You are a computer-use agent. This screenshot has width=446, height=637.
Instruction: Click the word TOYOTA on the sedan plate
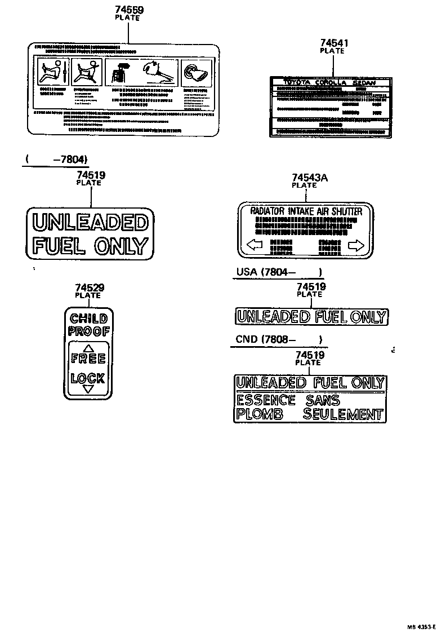click(296, 83)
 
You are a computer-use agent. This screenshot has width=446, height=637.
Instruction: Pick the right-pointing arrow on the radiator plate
click(356, 245)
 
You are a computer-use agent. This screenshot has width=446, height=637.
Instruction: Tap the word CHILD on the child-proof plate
click(89, 319)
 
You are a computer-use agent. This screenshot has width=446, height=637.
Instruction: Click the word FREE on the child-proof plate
click(88, 358)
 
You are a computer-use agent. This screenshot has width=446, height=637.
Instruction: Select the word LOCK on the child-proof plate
click(88, 378)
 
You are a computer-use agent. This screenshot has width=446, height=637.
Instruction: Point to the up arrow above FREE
click(88, 348)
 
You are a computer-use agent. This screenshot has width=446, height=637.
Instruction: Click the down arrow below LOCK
click(88, 388)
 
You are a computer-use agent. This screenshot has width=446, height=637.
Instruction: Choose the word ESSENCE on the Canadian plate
click(265, 400)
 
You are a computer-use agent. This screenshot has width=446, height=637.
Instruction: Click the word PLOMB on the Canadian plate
click(258, 415)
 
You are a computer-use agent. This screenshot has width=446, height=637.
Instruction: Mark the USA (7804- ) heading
click(279, 272)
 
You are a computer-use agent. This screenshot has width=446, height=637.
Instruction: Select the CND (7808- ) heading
click(279, 339)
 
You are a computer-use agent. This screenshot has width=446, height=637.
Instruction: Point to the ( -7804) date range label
click(56, 159)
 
